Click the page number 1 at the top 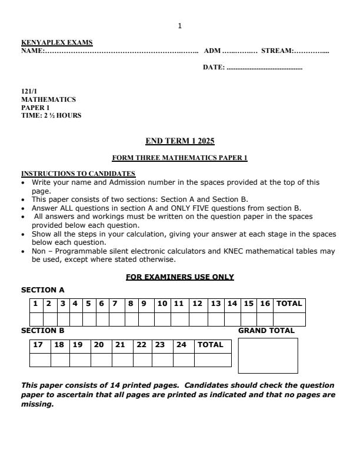179,25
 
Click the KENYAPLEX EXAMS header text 57,42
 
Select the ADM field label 212,51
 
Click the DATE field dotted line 264,68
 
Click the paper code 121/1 29,92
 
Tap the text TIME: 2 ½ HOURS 51,115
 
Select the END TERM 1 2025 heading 180,141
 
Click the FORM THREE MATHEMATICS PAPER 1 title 179,158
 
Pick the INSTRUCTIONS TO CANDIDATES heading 78,174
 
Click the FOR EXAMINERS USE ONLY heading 180,277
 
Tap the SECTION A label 43,290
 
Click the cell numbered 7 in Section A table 115,304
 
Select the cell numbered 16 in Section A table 265,304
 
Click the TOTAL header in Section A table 289,304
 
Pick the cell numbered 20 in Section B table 99,345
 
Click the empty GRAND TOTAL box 268,355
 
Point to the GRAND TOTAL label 266,331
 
